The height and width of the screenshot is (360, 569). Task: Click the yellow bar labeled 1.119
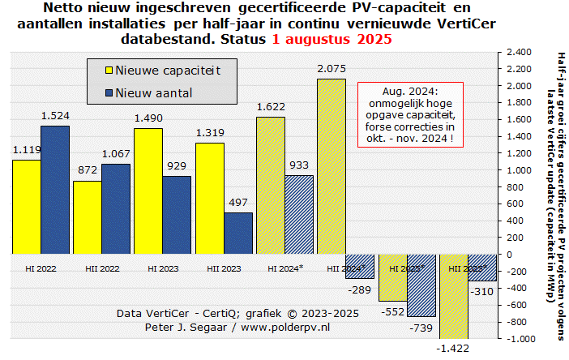[x=26, y=207]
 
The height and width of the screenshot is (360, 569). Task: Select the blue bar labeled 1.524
[x=55, y=190]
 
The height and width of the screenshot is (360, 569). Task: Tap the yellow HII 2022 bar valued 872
[x=88, y=217]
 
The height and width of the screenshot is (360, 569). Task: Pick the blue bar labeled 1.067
[x=116, y=209]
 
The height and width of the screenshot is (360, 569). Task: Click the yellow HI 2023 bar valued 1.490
[x=148, y=191]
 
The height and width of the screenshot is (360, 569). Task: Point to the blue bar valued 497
[x=238, y=234]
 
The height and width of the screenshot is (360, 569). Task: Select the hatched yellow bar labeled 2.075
[x=331, y=166]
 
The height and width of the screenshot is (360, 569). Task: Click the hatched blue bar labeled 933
[x=299, y=215]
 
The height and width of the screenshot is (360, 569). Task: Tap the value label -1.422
[x=453, y=348]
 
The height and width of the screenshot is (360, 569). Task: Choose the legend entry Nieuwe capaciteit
[x=167, y=71]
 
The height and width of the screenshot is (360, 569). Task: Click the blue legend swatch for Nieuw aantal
[x=103, y=93]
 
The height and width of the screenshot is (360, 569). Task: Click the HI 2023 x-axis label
[x=162, y=267]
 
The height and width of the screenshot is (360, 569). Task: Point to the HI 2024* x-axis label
[x=284, y=267]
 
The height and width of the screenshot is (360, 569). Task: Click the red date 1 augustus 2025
[x=332, y=38]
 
